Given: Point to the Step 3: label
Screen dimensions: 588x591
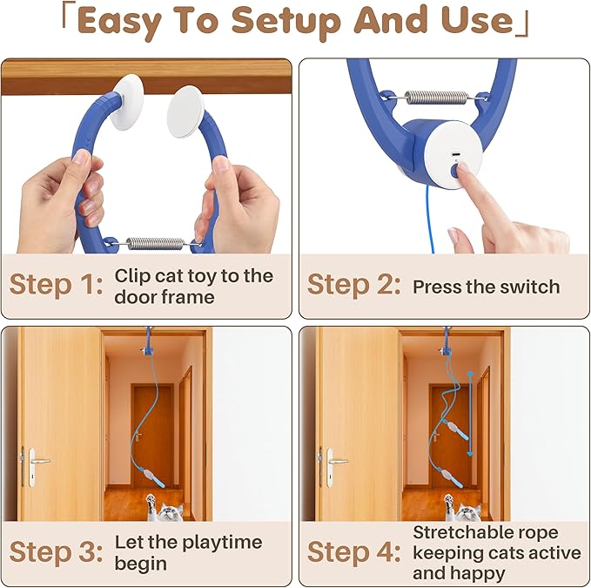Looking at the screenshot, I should coord(55,552).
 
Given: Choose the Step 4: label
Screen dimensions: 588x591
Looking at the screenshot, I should coord(353,552).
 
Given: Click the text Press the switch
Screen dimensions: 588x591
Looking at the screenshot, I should coord(486,287).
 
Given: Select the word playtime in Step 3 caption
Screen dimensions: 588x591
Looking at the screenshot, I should coord(218,543).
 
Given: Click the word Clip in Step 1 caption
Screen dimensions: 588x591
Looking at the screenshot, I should coord(132,276).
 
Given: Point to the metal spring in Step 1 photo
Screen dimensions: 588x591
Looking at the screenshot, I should coord(157,243).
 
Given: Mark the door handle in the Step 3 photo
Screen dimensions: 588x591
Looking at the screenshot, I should coord(38,457).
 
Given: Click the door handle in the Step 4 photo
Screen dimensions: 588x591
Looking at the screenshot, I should coord(336,457).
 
